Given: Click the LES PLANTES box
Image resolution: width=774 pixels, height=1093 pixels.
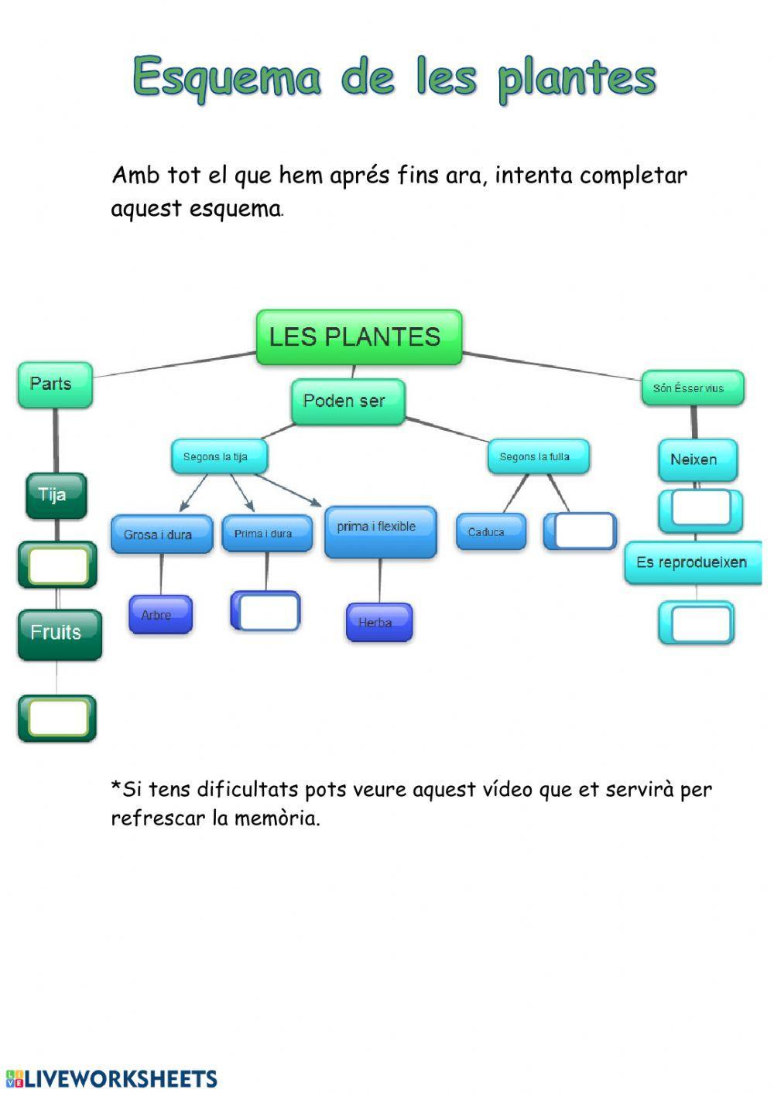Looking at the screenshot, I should (358, 337).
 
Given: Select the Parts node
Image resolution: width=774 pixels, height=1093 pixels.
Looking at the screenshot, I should (55, 384).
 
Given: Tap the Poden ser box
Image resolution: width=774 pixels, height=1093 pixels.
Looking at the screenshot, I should (348, 401).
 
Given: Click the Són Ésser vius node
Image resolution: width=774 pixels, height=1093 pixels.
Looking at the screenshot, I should (692, 388).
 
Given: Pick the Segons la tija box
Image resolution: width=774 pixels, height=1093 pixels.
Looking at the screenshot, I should (219, 457).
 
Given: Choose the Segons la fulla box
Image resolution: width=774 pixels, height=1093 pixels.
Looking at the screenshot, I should (538, 457).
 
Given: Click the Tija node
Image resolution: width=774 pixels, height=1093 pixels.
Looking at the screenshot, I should (56, 495).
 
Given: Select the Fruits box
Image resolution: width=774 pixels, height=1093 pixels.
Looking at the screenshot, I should (60, 634).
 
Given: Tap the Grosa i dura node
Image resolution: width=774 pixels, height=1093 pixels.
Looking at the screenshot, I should (161, 535).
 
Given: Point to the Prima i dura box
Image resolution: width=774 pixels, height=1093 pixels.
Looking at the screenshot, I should (266, 534).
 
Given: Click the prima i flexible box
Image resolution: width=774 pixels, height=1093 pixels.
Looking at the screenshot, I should (380, 531).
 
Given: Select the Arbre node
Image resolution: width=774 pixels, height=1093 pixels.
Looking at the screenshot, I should (159, 615).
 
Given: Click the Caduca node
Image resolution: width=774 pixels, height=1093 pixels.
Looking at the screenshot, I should (490, 532).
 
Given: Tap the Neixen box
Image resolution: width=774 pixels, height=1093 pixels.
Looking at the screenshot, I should (697, 460).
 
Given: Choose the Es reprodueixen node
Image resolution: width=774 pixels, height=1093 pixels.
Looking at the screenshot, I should (692, 563).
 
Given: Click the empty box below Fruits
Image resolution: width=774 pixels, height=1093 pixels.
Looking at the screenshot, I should (58, 718).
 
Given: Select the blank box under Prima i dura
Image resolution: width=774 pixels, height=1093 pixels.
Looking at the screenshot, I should (267, 612).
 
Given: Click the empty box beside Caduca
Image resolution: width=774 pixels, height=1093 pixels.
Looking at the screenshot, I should (583, 531).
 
